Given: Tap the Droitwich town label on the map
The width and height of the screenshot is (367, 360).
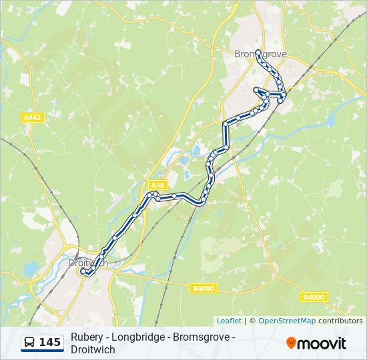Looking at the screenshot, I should click(x=87, y=263).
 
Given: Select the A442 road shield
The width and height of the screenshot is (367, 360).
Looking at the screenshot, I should click(x=32, y=118).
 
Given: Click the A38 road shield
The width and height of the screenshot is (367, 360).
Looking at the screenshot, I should click(x=157, y=185).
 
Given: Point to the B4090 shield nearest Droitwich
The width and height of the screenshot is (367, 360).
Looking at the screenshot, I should click(x=203, y=288).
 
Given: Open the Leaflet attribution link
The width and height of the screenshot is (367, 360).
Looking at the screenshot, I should click(x=229, y=321).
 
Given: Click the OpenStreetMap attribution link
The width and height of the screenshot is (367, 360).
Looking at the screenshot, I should click(x=287, y=321).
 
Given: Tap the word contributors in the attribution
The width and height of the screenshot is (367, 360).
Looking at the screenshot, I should click(x=340, y=321).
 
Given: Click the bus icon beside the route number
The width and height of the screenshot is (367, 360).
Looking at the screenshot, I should click(x=30, y=343).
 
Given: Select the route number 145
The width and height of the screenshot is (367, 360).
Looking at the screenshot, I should click(x=49, y=343).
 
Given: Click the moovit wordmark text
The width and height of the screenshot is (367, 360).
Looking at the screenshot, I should click(x=322, y=343).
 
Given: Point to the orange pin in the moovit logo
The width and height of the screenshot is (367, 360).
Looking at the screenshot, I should click(x=291, y=343).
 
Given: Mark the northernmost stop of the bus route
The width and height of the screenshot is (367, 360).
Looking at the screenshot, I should click(x=258, y=52).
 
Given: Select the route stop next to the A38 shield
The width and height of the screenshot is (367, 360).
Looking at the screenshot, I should click(x=155, y=194).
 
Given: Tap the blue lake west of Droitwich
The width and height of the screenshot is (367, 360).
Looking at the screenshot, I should click(x=31, y=269).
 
